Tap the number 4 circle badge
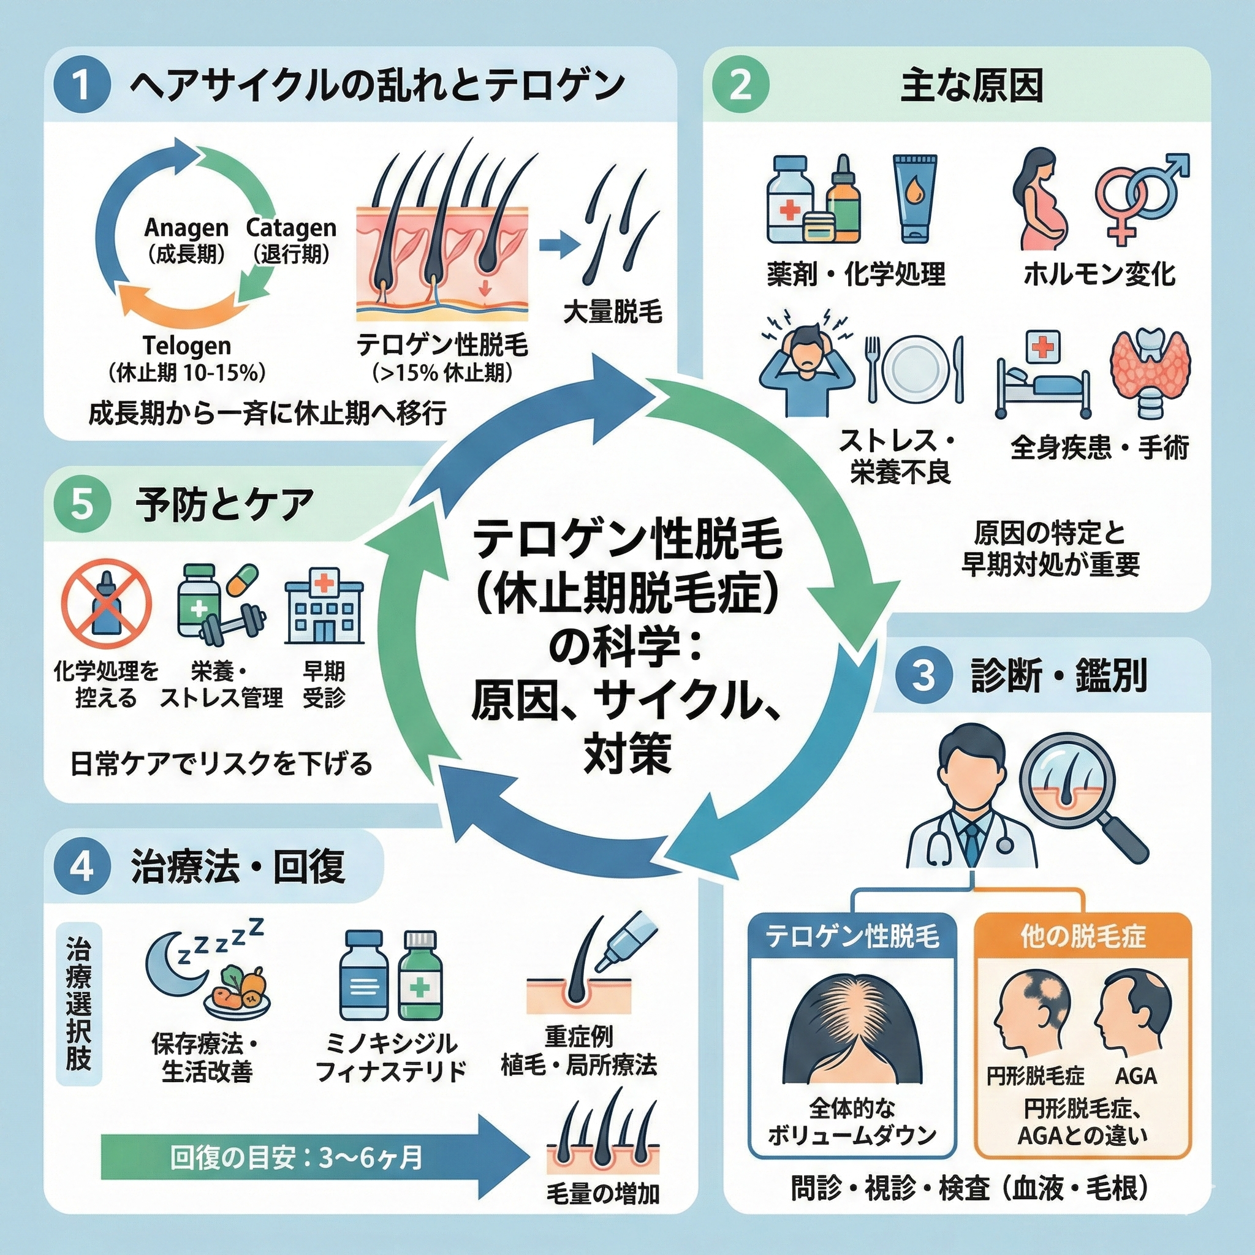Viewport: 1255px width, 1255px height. [82, 867]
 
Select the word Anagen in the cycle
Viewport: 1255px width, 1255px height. [186, 228]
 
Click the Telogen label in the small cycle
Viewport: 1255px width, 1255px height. [186, 345]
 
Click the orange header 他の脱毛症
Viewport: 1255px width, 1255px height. [1083, 937]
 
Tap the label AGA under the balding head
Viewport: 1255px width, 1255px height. [1136, 1075]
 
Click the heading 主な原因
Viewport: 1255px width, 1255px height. [971, 86]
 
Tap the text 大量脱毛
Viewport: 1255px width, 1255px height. [612, 312]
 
